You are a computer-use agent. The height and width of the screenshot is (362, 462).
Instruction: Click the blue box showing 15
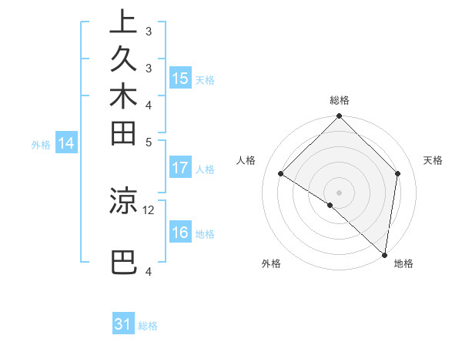click(180, 79)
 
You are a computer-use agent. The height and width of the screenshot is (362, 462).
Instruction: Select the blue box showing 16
click(180, 233)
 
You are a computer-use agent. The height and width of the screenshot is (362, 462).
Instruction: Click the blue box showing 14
click(66, 142)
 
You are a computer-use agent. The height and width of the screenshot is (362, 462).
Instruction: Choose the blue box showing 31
click(123, 324)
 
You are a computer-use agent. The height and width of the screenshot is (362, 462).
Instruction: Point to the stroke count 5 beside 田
click(149, 142)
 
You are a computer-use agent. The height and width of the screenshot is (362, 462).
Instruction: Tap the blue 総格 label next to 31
click(148, 326)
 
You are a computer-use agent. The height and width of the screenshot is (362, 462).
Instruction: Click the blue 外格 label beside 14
click(41, 144)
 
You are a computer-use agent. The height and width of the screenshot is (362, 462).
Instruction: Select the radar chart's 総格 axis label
click(340, 100)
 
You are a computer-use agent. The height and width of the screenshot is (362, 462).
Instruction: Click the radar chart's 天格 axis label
click(433, 160)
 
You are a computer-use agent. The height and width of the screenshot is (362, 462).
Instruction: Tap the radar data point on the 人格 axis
click(281, 174)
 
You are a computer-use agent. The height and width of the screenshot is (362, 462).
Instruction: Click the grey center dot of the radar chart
click(340, 192)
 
